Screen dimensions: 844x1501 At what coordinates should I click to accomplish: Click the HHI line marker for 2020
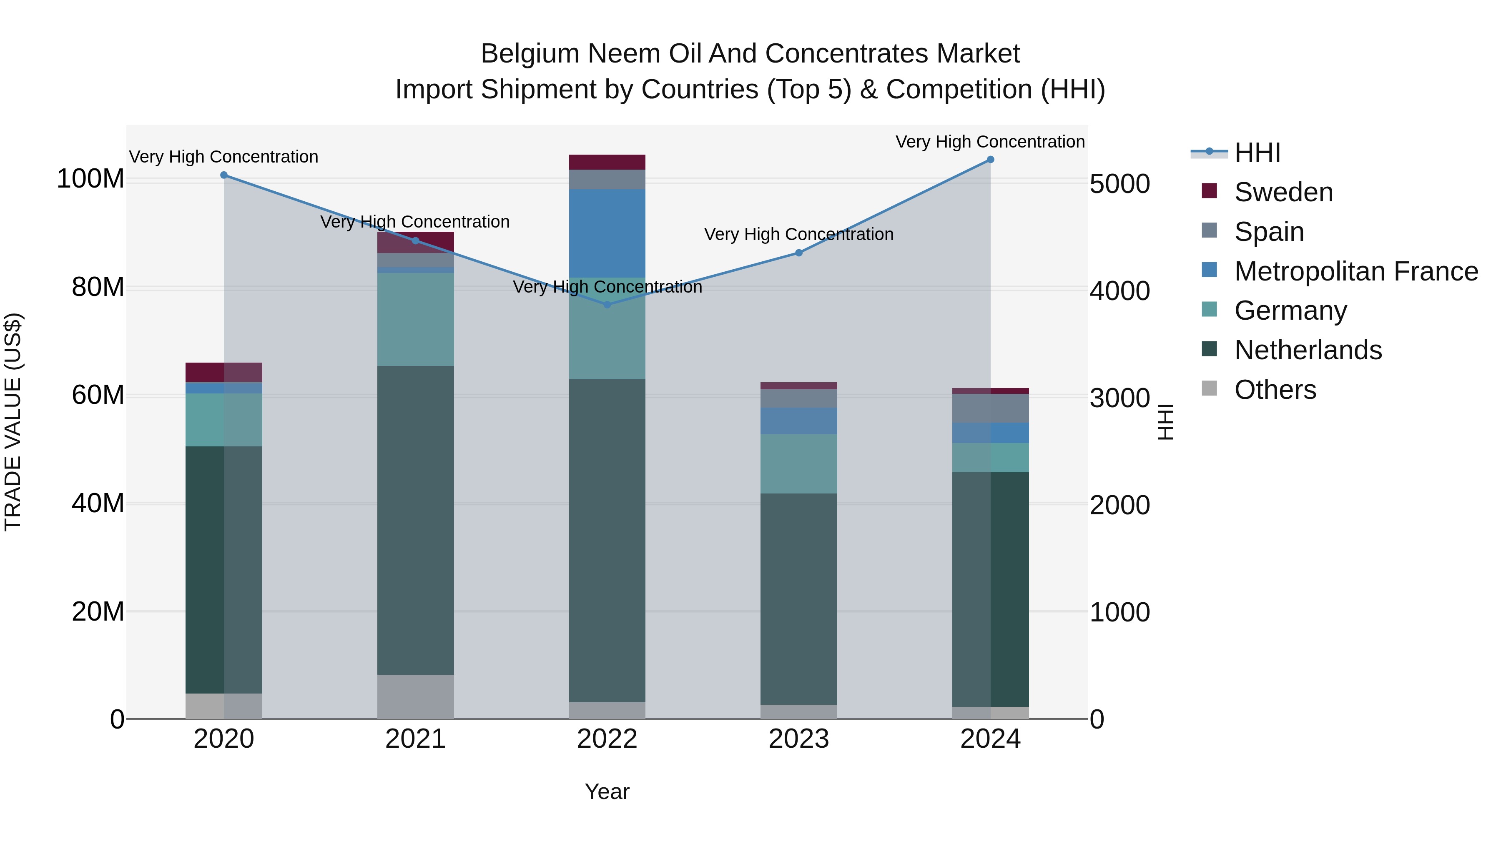click(x=224, y=175)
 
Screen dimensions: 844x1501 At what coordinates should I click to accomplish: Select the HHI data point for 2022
click(x=607, y=305)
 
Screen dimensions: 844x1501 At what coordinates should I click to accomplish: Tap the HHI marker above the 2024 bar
click(x=991, y=160)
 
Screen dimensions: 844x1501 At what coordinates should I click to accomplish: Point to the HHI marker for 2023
click(x=799, y=253)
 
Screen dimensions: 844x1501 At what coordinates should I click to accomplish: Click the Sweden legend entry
click(x=1284, y=192)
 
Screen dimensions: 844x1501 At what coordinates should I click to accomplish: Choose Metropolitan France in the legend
click(x=1356, y=271)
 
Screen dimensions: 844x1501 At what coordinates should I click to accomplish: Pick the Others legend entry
click(x=1275, y=390)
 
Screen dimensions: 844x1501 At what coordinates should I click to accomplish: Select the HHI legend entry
click(x=1258, y=153)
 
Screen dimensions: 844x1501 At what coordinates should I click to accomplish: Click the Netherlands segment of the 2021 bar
click(x=415, y=520)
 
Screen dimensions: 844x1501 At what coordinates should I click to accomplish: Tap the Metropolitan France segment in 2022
click(x=607, y=233)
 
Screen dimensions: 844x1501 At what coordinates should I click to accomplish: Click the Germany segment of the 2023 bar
click(x=799, y=463)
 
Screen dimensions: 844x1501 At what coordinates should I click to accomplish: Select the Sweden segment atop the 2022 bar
click(x=607, y=162)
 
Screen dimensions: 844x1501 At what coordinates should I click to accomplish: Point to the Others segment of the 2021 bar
click(x=415, y=696)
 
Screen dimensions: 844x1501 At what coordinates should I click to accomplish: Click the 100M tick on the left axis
click(x=90, y=179)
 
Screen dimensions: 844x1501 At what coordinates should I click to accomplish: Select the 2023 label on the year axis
click(x=799, y=739)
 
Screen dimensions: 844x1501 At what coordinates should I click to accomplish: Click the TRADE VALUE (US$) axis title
click(x=13, y=422)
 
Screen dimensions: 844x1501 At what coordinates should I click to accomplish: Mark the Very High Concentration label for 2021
click(x=415, y=222)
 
